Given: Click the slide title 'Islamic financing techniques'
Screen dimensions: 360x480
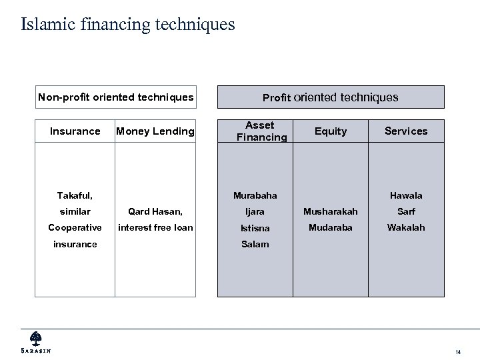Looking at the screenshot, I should click(128, 25).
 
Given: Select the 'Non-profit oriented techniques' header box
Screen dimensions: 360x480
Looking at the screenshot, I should click(115, 97).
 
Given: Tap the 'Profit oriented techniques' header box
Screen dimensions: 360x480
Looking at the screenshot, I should click(330, 97).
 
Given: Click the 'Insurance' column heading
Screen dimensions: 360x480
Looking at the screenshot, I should click(75, 131).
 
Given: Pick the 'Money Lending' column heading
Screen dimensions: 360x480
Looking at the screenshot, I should click(155, 131).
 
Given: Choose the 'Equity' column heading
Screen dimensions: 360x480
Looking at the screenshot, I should click(331, 131).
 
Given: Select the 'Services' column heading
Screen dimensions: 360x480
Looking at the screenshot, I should click(406, 131).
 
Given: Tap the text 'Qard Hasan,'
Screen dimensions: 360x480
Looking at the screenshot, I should click(155, 211).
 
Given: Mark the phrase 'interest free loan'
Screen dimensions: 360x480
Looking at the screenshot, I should click(155, 227).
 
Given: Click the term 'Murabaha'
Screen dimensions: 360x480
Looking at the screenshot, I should click(255, 195).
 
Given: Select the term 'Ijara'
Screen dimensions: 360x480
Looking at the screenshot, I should click(255, 211).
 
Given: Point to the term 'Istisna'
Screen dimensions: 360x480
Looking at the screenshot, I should click(255, 228).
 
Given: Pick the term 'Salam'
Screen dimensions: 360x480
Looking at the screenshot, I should click(255, 244).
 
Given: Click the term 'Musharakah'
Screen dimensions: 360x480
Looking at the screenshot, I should click(331, 211).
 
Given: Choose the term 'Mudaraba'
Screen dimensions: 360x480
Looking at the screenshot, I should click(331, 227).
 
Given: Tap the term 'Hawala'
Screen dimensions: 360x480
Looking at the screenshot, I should click(406, 195).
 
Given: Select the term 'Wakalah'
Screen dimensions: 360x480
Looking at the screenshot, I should click(406, 227).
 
